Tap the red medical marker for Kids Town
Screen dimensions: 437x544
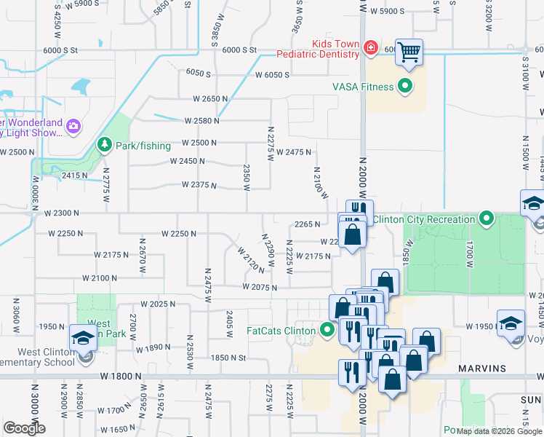370,49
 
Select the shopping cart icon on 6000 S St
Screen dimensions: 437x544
409,52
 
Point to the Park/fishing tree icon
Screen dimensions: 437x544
104,144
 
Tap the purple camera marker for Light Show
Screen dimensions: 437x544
72,127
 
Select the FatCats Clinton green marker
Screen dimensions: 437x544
327,331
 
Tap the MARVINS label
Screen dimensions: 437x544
481,368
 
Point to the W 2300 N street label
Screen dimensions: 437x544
60,213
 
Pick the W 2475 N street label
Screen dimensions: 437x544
295,151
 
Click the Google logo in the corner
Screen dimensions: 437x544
25,428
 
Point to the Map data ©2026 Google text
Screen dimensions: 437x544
497,431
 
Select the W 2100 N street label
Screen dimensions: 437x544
100,278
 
